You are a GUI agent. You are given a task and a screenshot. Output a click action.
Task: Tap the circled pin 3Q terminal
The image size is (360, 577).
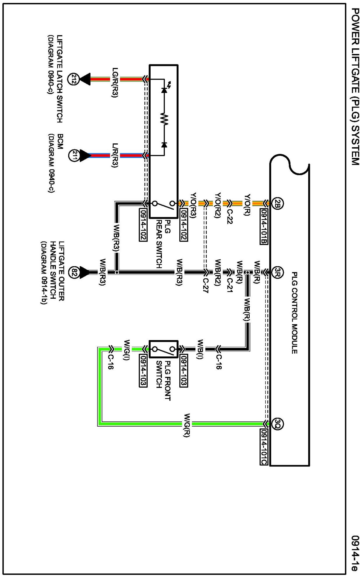[277, 423]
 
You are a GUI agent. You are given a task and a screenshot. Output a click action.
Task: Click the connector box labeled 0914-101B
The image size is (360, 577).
[264, 227]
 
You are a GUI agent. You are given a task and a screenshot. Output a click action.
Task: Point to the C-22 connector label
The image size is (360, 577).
[230, 217]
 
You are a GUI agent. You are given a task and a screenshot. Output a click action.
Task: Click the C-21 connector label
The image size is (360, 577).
[230, 286]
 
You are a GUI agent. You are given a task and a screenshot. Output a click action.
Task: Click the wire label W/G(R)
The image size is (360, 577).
[187, 425]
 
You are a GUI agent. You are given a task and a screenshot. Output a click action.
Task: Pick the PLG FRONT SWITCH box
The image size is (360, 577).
[163, 349]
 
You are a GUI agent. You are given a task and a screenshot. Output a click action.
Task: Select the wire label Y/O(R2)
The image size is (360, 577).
[218, 205]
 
